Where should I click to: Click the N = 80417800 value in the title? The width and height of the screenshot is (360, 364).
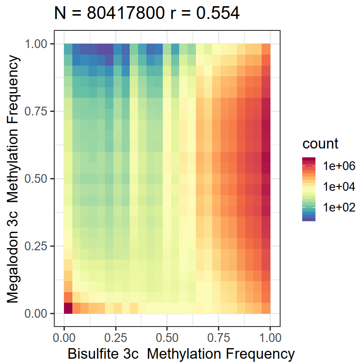pos(111,14)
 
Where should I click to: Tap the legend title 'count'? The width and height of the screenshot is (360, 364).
pos(320,144)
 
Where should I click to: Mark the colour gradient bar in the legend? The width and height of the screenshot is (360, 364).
pos(309,189)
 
